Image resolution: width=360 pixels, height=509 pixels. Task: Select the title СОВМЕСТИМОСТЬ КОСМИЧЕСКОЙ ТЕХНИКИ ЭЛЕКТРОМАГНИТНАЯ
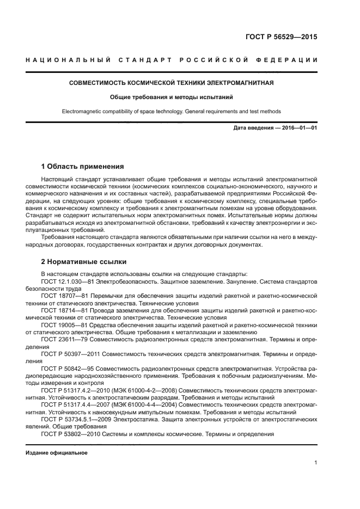click(x=172, y=83)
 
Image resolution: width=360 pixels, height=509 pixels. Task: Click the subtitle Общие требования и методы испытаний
click(x=172, y=97)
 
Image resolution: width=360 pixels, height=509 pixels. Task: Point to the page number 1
click(x=315, y=463)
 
